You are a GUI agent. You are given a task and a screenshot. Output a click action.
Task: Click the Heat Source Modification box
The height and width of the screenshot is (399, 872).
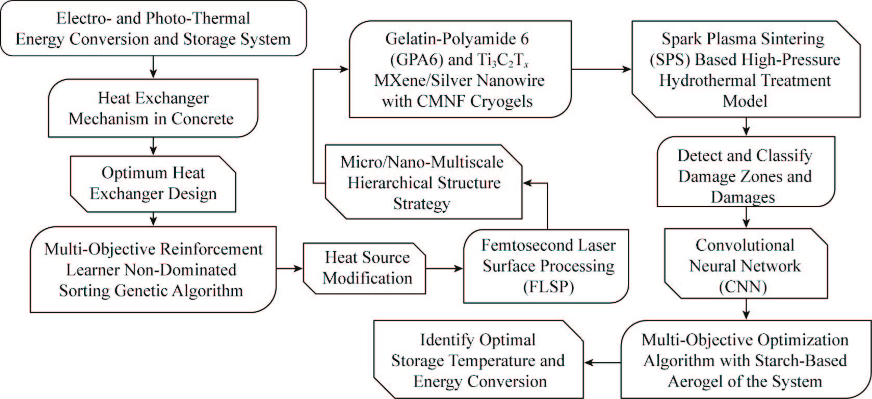point(367,268)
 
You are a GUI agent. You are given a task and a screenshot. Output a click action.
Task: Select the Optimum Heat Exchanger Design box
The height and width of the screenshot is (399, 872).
point(153,183)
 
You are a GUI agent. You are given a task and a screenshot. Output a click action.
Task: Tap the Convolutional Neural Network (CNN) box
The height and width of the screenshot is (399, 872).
point(745,266)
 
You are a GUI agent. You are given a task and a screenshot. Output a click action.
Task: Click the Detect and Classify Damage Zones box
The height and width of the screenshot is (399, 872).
point(745,176)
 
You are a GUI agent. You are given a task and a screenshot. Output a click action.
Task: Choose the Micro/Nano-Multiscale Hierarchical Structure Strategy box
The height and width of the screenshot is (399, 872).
point(422,183)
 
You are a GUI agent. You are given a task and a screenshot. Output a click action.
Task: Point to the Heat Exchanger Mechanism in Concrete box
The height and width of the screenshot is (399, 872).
point(153,108)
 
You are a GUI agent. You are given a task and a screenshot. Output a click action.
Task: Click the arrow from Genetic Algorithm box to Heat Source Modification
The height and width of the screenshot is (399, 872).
point(289,268)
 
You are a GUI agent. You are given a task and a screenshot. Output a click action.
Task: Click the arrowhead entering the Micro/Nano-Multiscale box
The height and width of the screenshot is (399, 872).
point(527,183)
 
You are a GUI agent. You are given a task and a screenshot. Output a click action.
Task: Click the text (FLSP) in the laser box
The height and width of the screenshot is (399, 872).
point(548,287)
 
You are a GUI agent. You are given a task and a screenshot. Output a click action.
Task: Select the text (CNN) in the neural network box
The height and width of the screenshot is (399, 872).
point(745,287)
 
